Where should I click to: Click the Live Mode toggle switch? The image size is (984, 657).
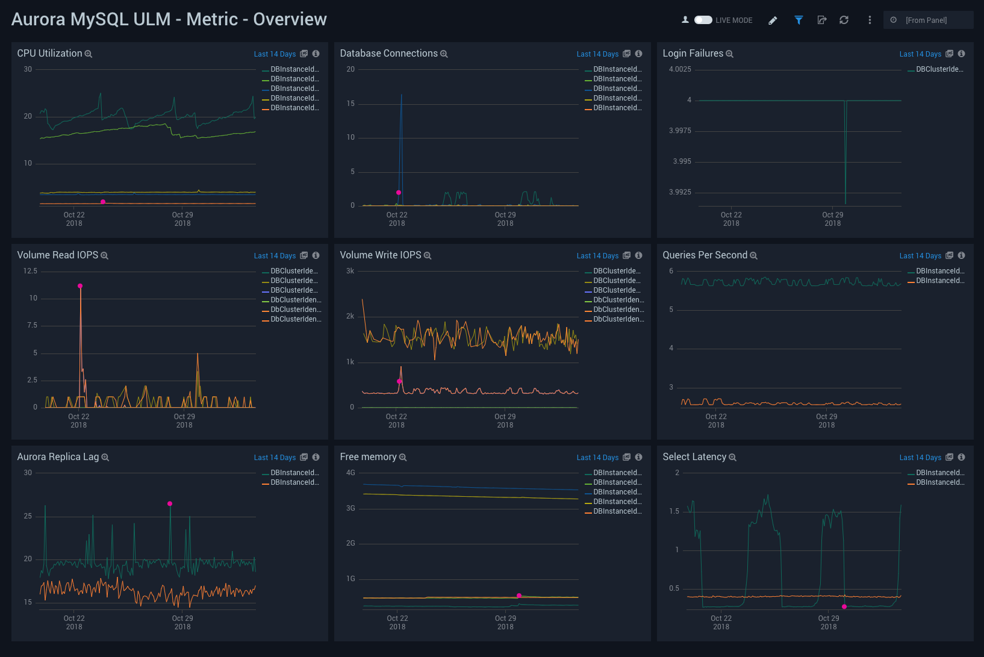point(703,20)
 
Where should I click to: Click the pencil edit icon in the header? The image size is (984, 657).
point(773,20)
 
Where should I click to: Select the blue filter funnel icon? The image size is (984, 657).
point(799,20)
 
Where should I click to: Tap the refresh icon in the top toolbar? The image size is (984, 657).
point(844,20)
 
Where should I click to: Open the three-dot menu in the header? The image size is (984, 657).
point(870,20)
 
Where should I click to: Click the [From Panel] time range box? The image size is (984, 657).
point(927,20)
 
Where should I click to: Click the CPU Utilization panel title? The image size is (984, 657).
point(49,54)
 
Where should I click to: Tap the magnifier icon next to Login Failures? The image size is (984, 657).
point(729,54)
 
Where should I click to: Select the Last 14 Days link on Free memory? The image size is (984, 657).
point(597,458)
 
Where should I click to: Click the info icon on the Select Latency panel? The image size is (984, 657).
point(961,457)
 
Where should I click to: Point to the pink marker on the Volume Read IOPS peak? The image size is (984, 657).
point(80,286)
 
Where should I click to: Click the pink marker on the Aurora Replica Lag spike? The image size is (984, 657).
point(170,503)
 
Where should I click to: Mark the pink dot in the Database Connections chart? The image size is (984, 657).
point(399,193)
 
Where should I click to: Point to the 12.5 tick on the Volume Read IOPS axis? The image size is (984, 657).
point(30,271)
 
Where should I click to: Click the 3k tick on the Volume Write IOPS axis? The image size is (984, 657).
point(350,271)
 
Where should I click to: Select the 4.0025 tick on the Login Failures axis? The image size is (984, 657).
point(680,69)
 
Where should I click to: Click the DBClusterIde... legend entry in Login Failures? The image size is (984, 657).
point(939,69)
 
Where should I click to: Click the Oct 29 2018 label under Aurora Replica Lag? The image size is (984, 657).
point(182,622)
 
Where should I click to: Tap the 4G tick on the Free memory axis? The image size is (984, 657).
point(350,473)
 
